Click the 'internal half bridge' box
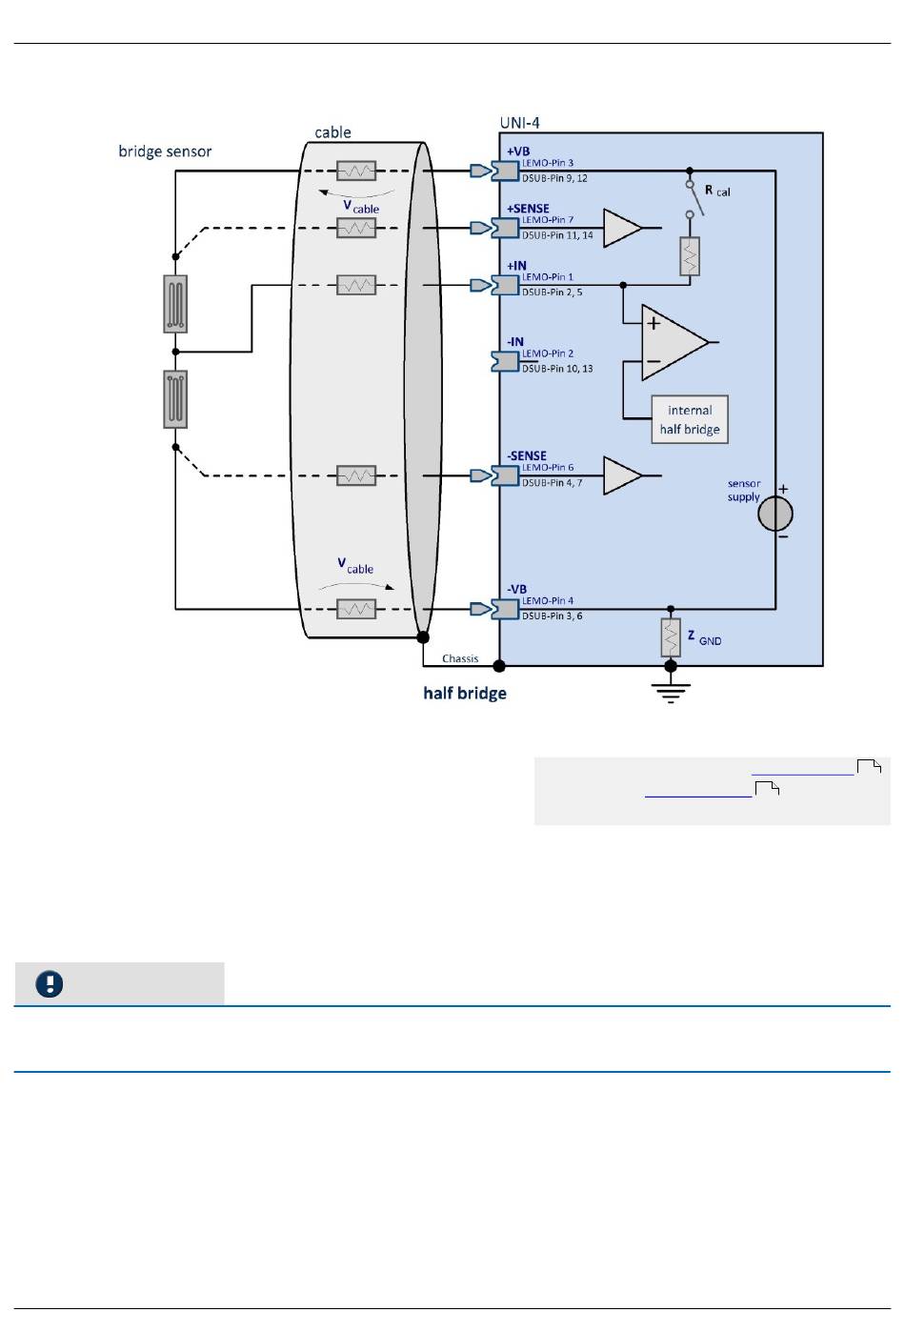point(689,419)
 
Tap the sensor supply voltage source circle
point(775,514)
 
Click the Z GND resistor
point(671,637)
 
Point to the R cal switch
point(694,198)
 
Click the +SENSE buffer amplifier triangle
point(623,227)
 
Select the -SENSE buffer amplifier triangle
point(623,475)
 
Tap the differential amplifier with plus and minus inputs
point(674,342)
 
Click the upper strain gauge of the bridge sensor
point(175,304)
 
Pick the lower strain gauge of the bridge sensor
point(175,399)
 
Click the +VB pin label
point(518,151)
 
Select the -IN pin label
point(515,342)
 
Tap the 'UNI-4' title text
point(520,123)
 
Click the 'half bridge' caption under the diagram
point(465,694)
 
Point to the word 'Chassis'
point(460,658)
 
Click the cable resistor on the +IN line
point(356,285)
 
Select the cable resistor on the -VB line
point(356,609)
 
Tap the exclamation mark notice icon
point(50,983)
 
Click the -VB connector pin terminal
point(505,609)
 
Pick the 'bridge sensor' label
point(165,151)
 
